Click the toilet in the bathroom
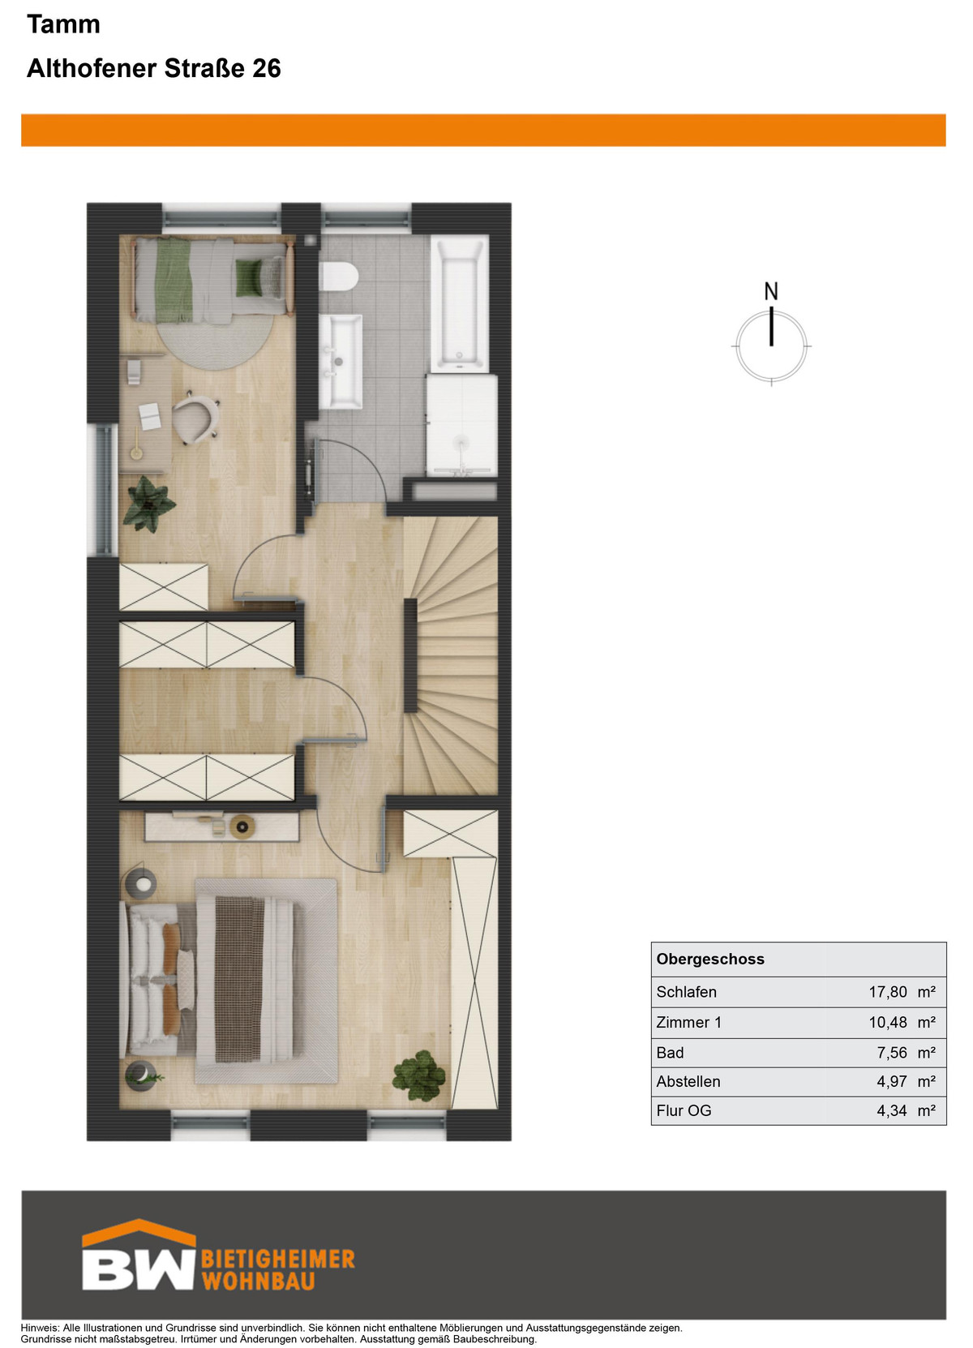tap(339, 277)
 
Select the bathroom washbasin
tap(340, 360)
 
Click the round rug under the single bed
tap(216, 341)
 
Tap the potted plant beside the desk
tap(148, 504)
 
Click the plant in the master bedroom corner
tap(419, 1076)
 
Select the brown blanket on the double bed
tap(239, 979)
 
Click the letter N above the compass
tap(771, 292)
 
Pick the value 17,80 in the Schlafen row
tap(888, 992)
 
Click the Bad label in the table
tap(670, 1053)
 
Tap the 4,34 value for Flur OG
tap(892, 1110)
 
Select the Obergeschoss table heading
tap(710, 959)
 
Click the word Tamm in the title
tap(63, 24)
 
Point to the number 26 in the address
tap(267, 69)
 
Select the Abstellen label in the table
tap(688, 1081)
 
